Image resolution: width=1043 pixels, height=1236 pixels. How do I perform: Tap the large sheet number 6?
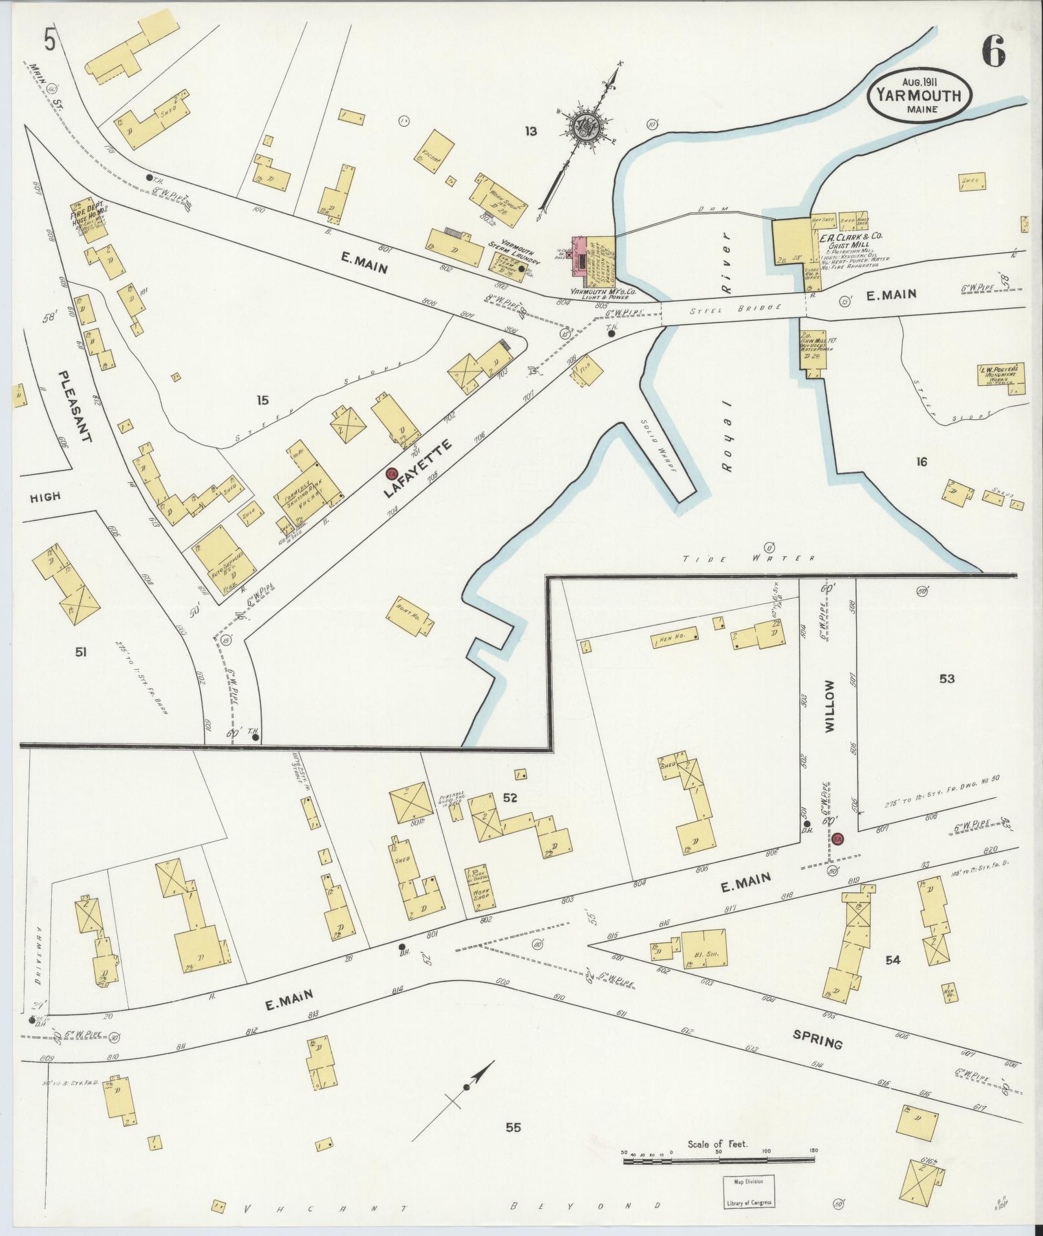(x=994, y=50)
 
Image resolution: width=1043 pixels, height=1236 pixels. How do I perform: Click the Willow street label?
(x=830, y=705)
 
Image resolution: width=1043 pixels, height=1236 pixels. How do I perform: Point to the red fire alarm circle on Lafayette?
(x=392, y=474)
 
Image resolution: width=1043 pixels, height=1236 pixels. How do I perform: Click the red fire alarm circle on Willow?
(x=838, y=839)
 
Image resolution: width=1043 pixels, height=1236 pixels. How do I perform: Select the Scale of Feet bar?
(x=718, y=1161)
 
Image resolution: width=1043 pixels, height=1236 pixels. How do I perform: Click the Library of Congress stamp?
(x=748, y=1191)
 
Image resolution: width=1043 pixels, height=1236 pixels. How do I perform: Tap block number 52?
(x=510, y=798)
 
